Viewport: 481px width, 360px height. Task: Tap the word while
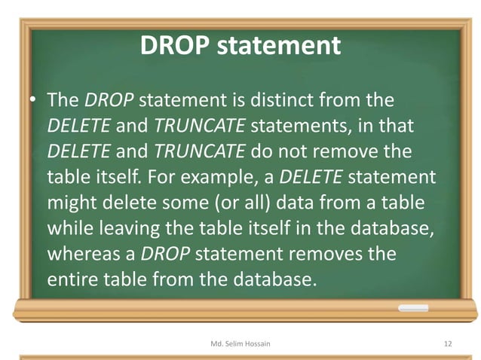coord(70,229)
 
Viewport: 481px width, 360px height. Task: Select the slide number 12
coord(448,343)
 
